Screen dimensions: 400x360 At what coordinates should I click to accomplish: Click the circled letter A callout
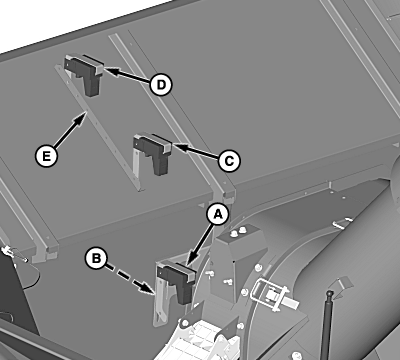(x=218, y=215)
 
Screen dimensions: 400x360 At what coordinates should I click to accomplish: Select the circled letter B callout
(x=96, y=258)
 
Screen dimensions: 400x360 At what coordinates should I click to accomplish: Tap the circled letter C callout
(x=229, y=161)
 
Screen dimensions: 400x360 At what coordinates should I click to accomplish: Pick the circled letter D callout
(x=161, y=85)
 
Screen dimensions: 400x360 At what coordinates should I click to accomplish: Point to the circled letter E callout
(x=46, y=156)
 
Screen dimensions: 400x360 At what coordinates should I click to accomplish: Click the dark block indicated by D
(x=84, y=73)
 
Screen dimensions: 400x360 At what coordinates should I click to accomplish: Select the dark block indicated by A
(x=176, y=280)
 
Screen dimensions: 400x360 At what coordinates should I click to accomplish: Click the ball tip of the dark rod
(x=330, y=293)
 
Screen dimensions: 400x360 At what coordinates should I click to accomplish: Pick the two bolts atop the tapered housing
(x=238, y=231)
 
